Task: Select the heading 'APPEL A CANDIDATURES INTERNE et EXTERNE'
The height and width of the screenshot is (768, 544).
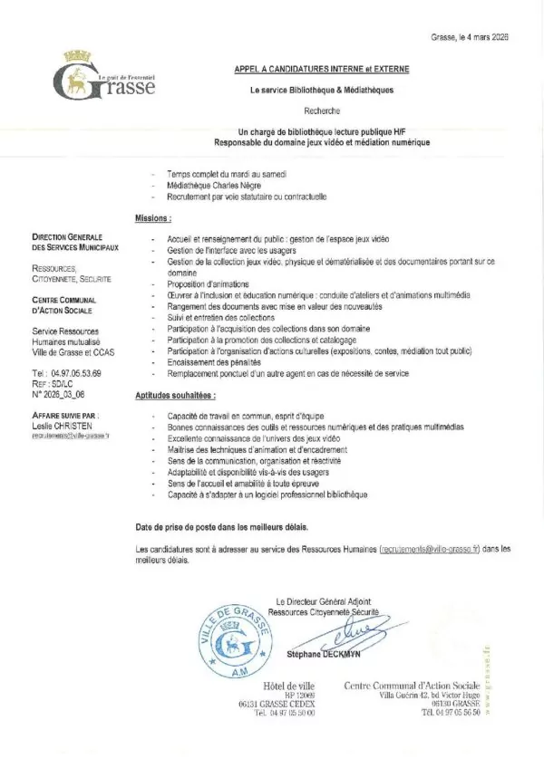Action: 323,69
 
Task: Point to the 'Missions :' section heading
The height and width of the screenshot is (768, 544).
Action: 153,218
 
